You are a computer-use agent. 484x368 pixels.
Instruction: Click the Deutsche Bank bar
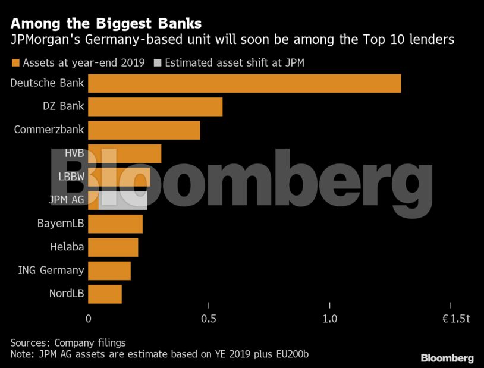tap(244, 83)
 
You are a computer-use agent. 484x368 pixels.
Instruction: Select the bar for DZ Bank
tap(155, 107)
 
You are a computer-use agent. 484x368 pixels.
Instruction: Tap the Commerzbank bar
tap(144, 130)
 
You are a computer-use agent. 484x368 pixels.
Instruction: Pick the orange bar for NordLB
tap(105, 294)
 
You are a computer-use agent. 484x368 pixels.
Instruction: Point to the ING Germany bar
tap(109, 271)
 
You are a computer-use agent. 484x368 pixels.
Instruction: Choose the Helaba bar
tap(113, 247)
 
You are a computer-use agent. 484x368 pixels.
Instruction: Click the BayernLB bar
tap(115, 224)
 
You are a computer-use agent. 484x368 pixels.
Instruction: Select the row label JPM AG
tap(66, 200)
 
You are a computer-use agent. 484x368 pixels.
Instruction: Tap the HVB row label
tap(74, 153)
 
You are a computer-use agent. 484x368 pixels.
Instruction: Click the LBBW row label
tap(71, 177)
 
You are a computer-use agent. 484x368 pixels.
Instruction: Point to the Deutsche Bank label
tap(48, 83)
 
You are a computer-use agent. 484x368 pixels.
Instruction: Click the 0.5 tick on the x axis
tap(209, 319)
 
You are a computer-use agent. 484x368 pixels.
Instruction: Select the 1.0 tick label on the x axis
tap(329, 319)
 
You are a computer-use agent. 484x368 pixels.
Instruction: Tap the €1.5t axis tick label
tap(455, 319)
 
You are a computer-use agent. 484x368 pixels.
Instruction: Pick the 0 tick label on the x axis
tap(89, 319)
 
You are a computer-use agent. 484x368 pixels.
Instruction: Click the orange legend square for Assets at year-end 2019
tap(15, 62)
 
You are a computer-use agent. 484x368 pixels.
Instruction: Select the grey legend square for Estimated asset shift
tap(158, 62)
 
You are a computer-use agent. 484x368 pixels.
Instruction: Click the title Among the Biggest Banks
tap(106, 24)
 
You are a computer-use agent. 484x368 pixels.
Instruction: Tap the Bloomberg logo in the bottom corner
tap(447, 358)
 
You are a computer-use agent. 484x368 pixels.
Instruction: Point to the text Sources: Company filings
tap(68, 343)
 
